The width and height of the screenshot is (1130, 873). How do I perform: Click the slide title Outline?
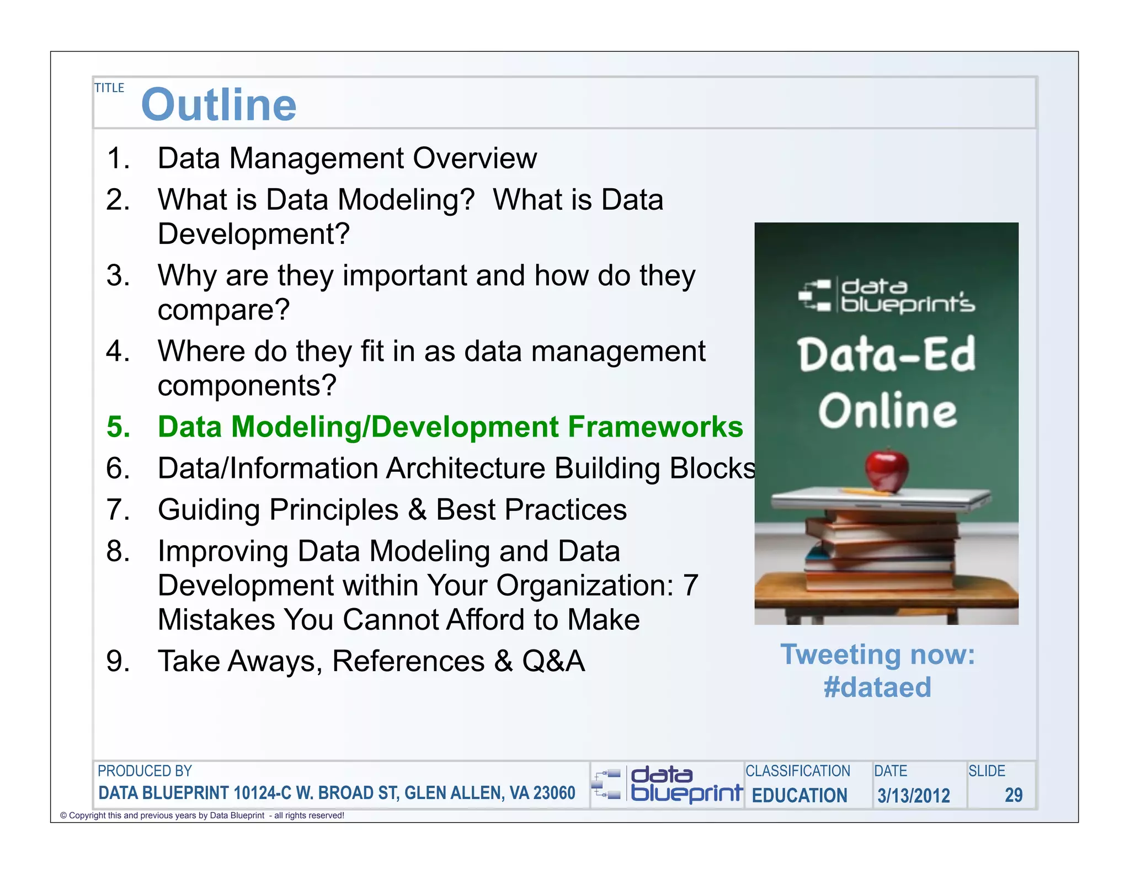[218, 105]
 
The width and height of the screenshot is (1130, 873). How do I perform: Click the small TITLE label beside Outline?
[109, 88]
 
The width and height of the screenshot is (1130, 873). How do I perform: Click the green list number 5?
[118, 427]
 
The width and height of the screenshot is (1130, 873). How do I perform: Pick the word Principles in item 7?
[333, 509]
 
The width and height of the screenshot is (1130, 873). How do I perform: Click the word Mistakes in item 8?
[216, 620]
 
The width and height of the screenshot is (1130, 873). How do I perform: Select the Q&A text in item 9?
[553, 661]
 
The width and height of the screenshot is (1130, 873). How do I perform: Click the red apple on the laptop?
[887, 470]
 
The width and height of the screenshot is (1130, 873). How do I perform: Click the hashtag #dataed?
[877, 688]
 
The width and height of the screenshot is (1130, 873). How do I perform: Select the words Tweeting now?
[877, 655]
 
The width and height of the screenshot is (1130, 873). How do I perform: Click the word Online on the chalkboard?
[887, 411]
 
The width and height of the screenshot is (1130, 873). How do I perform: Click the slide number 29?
[1013, 795]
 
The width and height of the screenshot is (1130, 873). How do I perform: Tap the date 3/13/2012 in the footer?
[914, 796]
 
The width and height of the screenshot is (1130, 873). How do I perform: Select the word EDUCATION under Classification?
[799, 796]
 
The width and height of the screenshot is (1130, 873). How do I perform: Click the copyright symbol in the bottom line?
[63, 816]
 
